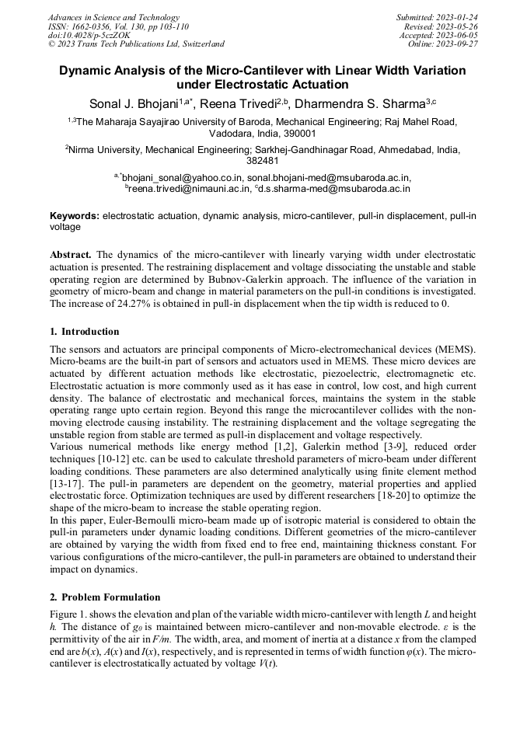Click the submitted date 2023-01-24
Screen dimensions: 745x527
click(458, 17)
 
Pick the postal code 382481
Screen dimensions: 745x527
click(263, 162)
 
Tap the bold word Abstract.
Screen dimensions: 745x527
click(71, 255)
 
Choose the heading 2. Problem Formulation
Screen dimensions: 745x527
click(105, 597)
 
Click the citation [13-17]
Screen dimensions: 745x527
click(65, 483)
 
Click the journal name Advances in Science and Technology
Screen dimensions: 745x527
click(113, 17)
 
